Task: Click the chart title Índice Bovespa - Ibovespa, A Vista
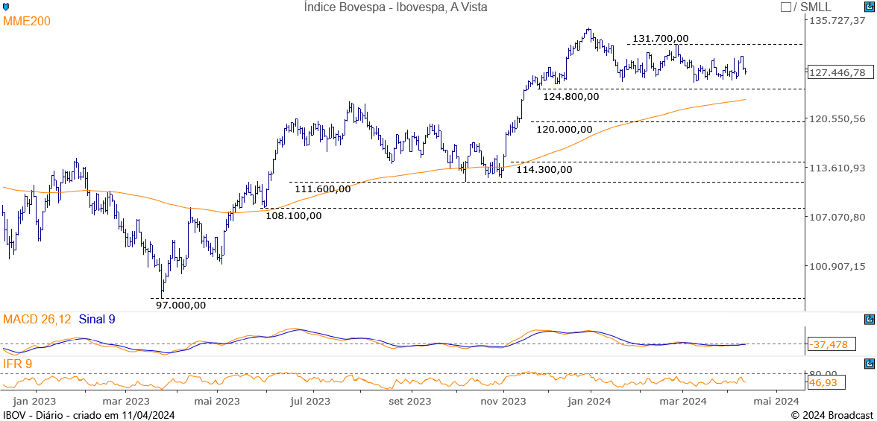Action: (395, 7)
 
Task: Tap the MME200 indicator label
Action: (27, 22)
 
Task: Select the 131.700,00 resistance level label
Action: (660, 39)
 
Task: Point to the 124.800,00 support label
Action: (570, 96)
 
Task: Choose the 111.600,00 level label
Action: (322, 189)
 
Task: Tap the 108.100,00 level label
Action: (294, 215)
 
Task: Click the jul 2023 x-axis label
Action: (309, 401)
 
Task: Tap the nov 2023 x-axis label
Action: (503, 401)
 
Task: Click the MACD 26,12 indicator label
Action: (37, 320)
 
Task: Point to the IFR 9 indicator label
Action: (17, 364)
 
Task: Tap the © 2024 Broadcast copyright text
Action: (832, 415)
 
